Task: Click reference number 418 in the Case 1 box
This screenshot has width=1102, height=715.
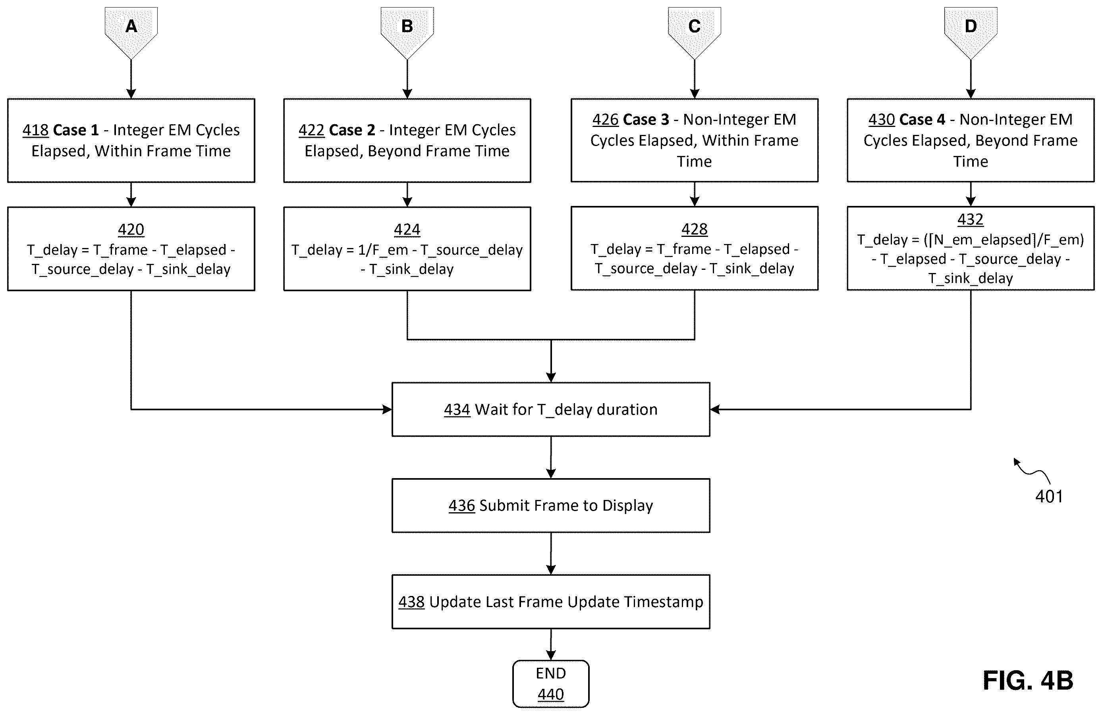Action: (36, 130)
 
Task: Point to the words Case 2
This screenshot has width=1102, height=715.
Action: (352, 130)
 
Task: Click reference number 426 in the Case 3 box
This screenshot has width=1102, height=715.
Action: (606, 119)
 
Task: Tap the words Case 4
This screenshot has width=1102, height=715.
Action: (923, 119)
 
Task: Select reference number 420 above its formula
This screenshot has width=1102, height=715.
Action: (131, 230)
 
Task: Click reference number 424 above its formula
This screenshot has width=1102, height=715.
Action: (407, 230)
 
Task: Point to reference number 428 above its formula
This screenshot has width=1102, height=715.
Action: (695, 229)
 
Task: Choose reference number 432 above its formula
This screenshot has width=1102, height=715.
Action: (971, 219)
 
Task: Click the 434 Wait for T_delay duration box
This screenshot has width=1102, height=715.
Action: (550, 409)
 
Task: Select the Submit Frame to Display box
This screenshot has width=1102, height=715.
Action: (550, 505)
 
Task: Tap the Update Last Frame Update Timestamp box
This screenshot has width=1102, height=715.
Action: (550, 602)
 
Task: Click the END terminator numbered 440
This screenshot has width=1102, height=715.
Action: (550, 684)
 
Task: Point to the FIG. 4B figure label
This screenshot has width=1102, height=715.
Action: (1028, 681)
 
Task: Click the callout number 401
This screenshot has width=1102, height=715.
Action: (1049, 496)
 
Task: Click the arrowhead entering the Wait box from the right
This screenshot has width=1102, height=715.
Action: (715, 409)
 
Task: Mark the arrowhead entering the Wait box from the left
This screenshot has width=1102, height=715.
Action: (387, 409)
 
